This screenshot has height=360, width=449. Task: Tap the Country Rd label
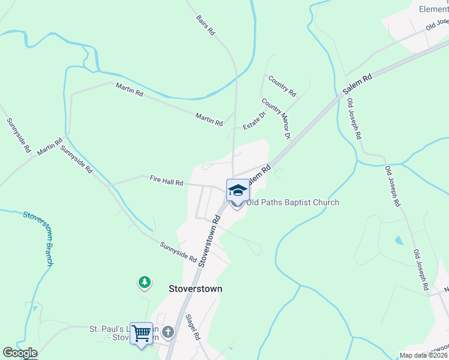[282, 86]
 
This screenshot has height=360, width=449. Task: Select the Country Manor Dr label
[276, 120]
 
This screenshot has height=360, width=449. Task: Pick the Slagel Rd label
[192, 328]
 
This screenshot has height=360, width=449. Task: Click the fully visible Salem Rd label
[358, 85]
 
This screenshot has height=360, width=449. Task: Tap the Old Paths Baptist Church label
[292, 202]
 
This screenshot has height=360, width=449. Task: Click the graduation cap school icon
[238, 190]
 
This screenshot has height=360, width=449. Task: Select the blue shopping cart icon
[142, 332]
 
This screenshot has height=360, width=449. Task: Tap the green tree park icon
[144, 281]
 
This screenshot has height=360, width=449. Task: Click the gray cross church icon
[168, 332]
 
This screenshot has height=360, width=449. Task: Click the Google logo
[20, 353]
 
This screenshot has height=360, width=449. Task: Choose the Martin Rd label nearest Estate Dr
[209, 118]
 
